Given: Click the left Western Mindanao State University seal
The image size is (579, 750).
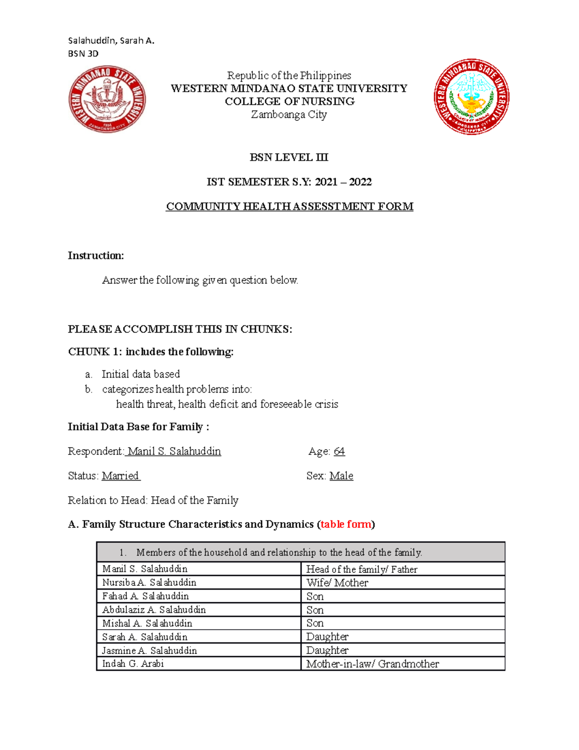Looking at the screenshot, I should (x=107, y=99).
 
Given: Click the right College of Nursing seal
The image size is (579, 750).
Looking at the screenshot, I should (x=471, y=97).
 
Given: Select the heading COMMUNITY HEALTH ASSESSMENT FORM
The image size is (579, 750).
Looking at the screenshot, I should (x=289, y=207).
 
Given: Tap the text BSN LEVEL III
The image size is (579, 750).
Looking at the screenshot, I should (x=289, y=157).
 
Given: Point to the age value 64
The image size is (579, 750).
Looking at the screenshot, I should (x=339, y=452).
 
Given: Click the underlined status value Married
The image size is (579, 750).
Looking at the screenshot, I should (x=121, y=476).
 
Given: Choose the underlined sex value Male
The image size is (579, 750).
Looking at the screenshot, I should (x=341, y=476).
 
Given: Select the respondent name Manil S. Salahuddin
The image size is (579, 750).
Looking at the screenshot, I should (x=174, y=452).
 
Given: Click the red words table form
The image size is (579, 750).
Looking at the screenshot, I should (x=346, y=524).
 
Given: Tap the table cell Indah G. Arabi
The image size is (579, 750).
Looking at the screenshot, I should (x=133, y=664).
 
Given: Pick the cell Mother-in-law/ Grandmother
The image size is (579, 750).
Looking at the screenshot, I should (x=372, y=664).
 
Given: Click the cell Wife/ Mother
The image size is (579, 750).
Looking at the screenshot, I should (x=337, y=583).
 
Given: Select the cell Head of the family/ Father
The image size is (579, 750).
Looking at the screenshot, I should (x=362, y=569).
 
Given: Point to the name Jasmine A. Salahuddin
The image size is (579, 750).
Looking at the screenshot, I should (x=150, y=651).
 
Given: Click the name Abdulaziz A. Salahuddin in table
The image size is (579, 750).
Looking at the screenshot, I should (x=154, y=610).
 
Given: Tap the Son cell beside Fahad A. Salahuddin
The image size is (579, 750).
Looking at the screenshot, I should (x=315, y=596).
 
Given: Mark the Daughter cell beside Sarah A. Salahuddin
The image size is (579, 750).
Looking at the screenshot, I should (x=327, y=637).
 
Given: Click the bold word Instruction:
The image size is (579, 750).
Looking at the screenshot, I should (x=96, y=256).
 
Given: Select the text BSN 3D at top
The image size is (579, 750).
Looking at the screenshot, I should (x=83, y=54).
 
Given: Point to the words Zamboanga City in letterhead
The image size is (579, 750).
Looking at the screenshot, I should (x=289, y=115).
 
